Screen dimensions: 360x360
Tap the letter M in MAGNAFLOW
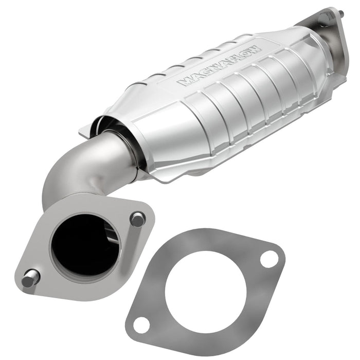182,82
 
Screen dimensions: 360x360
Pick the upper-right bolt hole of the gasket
267,259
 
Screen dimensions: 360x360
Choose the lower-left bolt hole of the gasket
141,323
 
